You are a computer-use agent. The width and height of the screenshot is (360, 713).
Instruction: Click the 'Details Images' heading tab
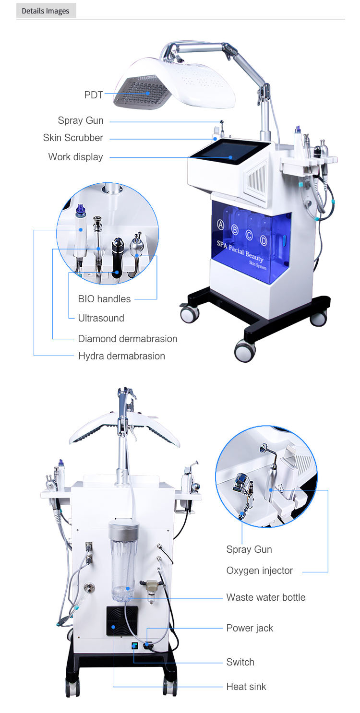tap(46, 11)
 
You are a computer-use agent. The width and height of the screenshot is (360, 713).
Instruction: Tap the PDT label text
tap(94, 95)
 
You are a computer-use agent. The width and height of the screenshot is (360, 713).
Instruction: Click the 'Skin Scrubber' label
tap(73, 138)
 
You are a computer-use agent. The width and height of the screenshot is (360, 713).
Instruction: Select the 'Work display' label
tap(75, 157)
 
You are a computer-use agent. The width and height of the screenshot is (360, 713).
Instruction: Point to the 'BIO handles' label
tap(104, 299)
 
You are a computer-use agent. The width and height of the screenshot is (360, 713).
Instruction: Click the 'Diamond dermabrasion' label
tap(127, 339)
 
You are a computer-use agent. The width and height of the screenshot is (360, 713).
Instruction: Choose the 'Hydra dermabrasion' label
tap(121, 356)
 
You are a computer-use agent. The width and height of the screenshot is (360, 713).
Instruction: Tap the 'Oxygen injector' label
tap(259, 570)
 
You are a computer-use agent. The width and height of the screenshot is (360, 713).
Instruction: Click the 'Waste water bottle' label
tap(265, 597)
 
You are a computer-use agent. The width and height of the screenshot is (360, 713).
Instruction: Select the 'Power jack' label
tap(250, 628)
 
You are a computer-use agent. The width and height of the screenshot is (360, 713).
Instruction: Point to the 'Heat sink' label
tap(246, 687)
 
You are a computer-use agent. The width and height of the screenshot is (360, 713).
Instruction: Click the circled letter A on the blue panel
tap(221, 225)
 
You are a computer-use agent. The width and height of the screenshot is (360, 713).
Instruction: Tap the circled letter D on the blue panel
tap(264, 239)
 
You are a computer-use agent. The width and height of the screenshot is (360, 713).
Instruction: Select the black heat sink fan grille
tap(121, 620)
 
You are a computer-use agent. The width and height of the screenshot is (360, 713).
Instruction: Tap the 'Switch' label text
tap(240, 662)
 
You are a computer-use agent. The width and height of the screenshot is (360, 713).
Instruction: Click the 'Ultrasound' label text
tap(101, 318)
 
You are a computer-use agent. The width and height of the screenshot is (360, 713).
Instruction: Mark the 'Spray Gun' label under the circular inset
tap(249, 549)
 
